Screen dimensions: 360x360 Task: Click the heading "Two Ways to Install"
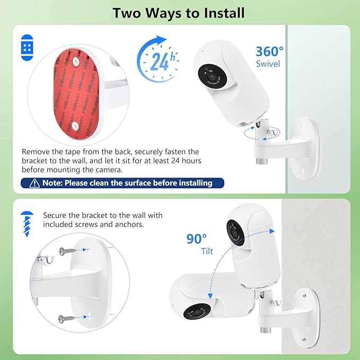[180, 13]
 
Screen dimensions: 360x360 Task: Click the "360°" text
[269, 51]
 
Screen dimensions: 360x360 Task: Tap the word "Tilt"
[207, 251]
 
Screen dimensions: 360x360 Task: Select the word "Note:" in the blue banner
[55, 183]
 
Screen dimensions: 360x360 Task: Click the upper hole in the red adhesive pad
[75, 62]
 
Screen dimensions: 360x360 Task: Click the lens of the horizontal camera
[191, 312]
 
